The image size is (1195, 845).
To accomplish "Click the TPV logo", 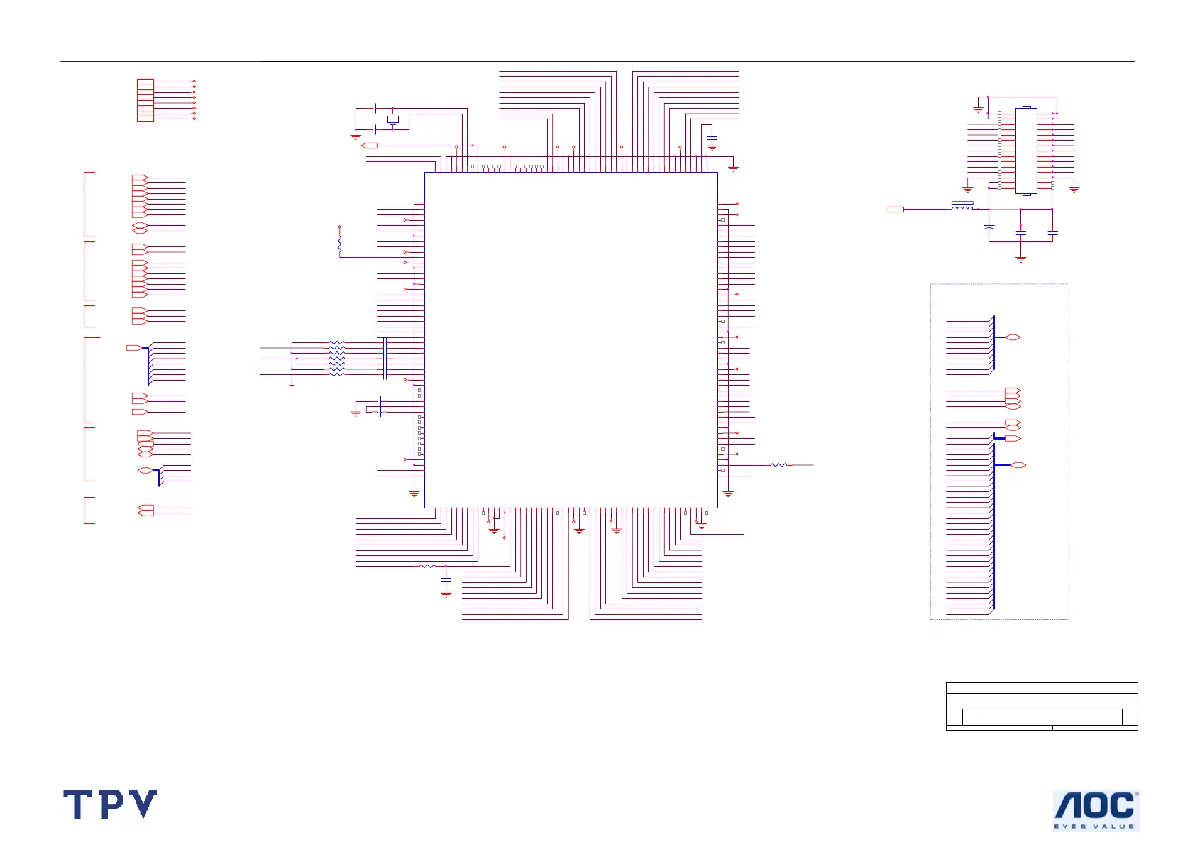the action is [x=110, y=805].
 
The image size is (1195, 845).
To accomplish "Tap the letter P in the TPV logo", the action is [x=111, y=805].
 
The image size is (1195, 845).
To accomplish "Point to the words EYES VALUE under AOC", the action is [x=1094, y=827].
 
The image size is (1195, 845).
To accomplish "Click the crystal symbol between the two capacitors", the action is [x=393, y=119].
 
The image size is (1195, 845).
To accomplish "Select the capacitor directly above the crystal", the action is [x=374, y=108].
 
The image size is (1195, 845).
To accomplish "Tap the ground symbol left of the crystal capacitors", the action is [x=356, y=136].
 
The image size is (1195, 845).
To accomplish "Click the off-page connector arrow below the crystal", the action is [x=370, y=146].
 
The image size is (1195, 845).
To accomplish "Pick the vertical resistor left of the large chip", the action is [x=340, y=245].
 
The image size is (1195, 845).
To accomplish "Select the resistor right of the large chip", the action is [x=778, y=465].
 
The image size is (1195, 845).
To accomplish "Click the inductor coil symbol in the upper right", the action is [x=962, y=207].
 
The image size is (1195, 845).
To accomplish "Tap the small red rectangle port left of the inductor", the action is [x=896, y=209].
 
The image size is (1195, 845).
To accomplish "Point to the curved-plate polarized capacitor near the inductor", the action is [x=989, y=228].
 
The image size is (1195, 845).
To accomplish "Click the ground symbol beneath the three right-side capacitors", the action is [x=1020, y=259].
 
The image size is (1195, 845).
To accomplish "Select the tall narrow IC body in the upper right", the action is [x=1026, y=151].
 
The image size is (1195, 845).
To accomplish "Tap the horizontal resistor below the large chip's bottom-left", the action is [x=426, y=566].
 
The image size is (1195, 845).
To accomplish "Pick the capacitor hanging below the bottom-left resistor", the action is [x=446, y=580].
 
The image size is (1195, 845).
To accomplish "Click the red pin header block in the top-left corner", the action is [x=145, y=100].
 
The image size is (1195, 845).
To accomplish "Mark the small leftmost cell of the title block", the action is [x=954, y=717].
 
